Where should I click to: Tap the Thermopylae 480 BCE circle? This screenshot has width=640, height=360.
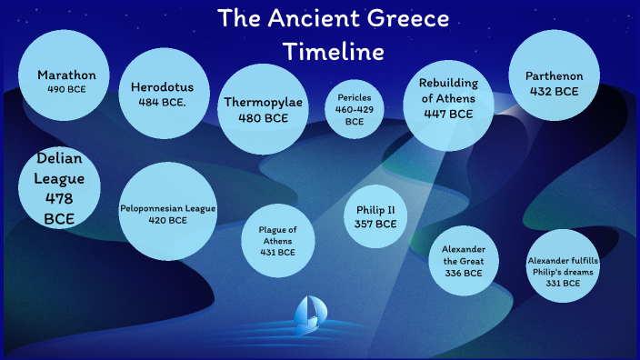(x=263, y=108)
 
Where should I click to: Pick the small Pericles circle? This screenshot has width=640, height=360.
(x=355, y=108)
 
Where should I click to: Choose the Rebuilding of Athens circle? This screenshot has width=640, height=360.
(x=448, y=99)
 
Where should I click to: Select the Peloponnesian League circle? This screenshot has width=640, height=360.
(x=168, y=213)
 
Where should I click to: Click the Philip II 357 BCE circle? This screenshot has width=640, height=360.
(x=375, y=216)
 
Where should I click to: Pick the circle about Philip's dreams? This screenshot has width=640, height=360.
(x=564, y=271)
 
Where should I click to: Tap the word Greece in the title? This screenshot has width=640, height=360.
(x=404, y=19)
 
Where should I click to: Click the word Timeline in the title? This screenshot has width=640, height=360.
(x=333, y=51)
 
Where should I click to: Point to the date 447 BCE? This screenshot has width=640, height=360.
(x=448, y=115)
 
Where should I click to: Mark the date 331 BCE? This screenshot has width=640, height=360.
(x=564, y=284)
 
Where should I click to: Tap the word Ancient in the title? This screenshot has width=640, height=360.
(x=306, y=19)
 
